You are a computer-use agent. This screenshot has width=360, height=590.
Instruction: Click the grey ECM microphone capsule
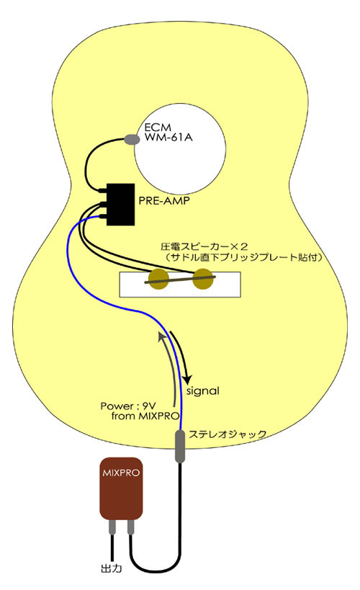132,139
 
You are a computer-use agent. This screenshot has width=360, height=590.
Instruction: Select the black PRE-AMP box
120,205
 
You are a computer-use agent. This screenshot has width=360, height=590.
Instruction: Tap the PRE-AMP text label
164,200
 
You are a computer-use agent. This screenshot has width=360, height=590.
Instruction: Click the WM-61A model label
168,138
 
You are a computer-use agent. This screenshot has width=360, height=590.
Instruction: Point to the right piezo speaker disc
203,280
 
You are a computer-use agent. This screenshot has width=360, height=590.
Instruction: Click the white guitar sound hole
180,148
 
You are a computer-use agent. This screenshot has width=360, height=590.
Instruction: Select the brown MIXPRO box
121,488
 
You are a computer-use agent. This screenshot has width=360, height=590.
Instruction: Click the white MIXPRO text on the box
121,473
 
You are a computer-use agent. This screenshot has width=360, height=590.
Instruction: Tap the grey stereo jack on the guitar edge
180,446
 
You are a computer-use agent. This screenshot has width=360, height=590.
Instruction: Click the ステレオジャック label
228,434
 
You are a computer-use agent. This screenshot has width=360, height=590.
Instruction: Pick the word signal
203,391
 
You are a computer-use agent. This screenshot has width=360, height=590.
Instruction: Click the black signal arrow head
187,378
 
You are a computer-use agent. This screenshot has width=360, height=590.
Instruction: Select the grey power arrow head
162,337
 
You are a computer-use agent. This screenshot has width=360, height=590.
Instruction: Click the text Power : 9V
128,406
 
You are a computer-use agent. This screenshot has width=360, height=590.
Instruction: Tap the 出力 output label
112,568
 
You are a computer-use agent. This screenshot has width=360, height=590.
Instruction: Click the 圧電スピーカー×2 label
204,247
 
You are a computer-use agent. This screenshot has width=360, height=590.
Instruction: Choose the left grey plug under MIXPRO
112,527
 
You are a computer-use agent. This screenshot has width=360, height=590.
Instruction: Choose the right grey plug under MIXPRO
130,527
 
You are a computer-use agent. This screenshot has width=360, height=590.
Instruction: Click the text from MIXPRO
145,416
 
